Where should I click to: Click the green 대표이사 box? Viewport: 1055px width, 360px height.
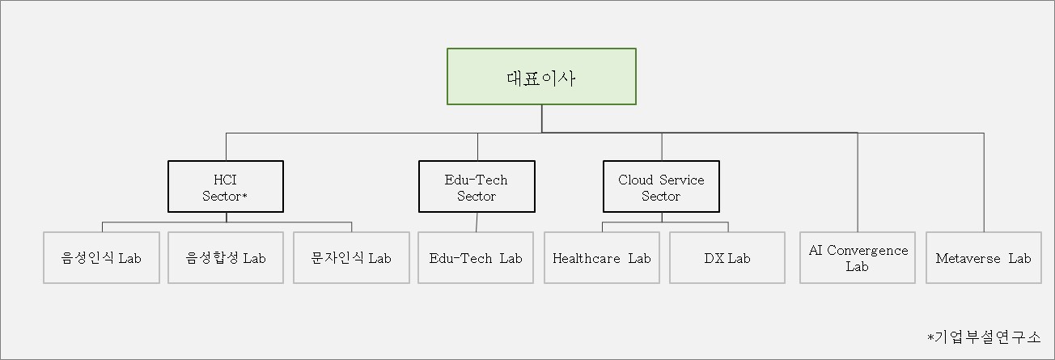[541, 76]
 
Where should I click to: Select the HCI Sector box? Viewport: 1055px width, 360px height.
[226, 187]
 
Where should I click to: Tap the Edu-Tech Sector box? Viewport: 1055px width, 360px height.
[477, 187]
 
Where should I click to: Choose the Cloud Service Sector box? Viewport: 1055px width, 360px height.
[661, 187]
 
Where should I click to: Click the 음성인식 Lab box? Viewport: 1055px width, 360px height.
[101, 258]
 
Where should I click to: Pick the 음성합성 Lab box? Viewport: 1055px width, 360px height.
[226, 258]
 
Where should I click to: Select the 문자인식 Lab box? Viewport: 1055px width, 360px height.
[351, 258]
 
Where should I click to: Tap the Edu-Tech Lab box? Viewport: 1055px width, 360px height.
[476, 258]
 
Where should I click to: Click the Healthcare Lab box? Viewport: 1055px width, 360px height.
[602, 258]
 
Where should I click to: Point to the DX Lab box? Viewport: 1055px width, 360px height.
[727, 258]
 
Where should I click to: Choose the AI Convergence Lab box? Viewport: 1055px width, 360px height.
[858, 258]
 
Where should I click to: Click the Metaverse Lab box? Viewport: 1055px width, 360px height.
[983, 258]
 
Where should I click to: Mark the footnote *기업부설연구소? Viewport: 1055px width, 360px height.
[984, 336]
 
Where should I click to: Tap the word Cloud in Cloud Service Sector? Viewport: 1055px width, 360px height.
[636, 180]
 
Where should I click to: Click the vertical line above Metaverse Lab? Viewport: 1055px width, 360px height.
[984, 182]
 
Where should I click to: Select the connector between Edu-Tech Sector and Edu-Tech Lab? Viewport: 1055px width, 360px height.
[477, 222]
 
